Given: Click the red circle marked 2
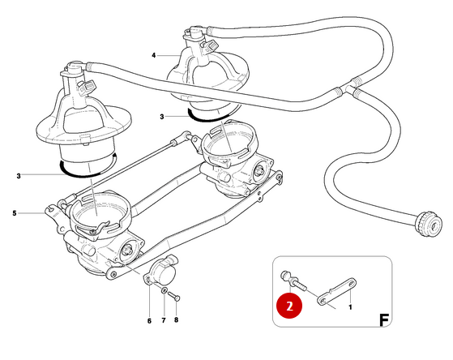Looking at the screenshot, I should click(x=290, y=306).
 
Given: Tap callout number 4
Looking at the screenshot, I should click(x=152, y=55).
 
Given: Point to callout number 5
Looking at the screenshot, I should click(x=14, y=213).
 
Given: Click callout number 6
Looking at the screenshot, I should click(x=149, y=320).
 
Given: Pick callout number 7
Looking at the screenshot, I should click(x=165, y=320).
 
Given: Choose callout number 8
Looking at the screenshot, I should click(x=177, y=320).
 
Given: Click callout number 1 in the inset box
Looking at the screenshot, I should click(x=349, y=307).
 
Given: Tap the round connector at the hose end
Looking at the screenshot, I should click(x=425, y=223).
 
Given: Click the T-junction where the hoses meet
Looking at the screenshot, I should click(x=350, y=84).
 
